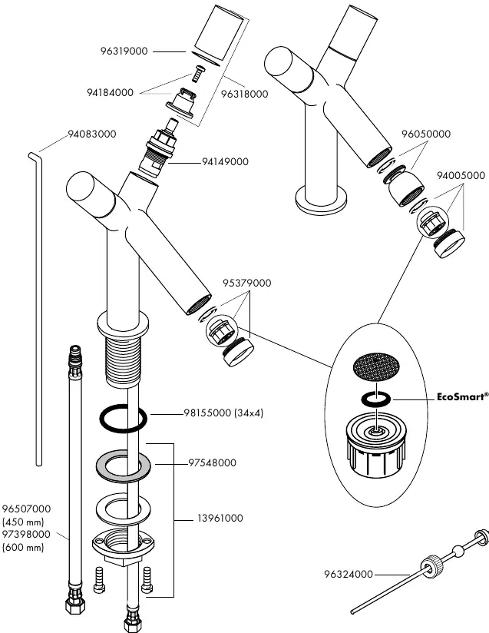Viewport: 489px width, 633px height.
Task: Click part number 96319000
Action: (x=124, y=51)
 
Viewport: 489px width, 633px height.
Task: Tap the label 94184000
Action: (x=110, y=92)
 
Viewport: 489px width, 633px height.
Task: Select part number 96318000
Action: (x=244, y=94)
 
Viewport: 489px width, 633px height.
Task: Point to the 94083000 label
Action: (x=92, y=134)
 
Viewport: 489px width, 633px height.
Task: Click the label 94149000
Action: (x=225, y=162)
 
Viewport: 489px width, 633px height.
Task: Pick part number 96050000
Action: (x=426, y=134)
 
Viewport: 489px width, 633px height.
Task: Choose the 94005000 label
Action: (x=461, y=176)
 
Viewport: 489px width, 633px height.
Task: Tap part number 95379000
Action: (x=247, y=283)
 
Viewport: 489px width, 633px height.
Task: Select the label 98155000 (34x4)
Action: (x=223, y=413)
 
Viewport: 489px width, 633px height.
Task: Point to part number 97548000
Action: (x=212, y=462)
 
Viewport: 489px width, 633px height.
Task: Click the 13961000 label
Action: (x=220, y=519)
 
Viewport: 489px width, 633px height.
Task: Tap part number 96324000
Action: (x=349, y=574)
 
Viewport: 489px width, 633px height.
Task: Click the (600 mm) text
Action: (x=23, y=548)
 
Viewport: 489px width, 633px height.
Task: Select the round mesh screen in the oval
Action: (x=376, y=367)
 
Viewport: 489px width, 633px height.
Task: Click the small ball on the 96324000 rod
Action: (x=458, y=551)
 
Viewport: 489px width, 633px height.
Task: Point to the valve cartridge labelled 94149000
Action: (x=160, y=149)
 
